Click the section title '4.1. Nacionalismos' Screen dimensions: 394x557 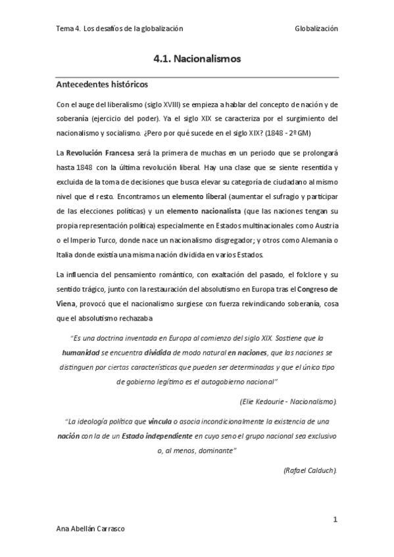tap(197, 59)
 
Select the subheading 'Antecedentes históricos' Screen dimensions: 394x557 tap(101, 85)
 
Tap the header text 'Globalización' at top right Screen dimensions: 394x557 tap(316, 29)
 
